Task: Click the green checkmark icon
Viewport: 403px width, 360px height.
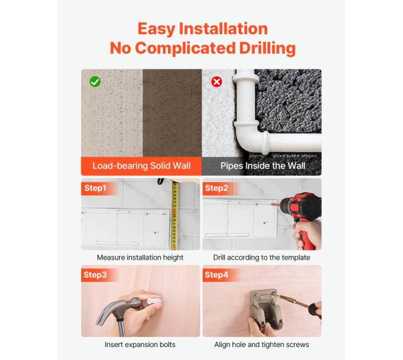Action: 95,82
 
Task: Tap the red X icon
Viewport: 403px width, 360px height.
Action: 216,82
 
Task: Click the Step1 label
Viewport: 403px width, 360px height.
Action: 95,188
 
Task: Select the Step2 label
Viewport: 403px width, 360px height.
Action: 216,188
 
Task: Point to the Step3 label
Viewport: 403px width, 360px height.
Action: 95,274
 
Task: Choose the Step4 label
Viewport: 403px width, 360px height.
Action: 216,274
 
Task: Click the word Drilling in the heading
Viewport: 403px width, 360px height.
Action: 267,49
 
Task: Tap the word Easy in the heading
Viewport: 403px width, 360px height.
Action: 156,29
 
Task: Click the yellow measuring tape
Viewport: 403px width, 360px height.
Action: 175,216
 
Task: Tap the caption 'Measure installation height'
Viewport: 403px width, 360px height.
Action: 140,258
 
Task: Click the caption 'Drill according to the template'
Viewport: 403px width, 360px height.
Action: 262,258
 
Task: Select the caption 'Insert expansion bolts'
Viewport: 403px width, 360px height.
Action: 140,345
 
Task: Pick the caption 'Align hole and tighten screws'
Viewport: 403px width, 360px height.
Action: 262,345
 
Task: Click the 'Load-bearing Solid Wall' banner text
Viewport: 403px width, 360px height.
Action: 141,166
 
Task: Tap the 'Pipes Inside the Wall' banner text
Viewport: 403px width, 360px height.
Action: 263,166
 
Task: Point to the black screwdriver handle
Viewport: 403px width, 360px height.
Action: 314,309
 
